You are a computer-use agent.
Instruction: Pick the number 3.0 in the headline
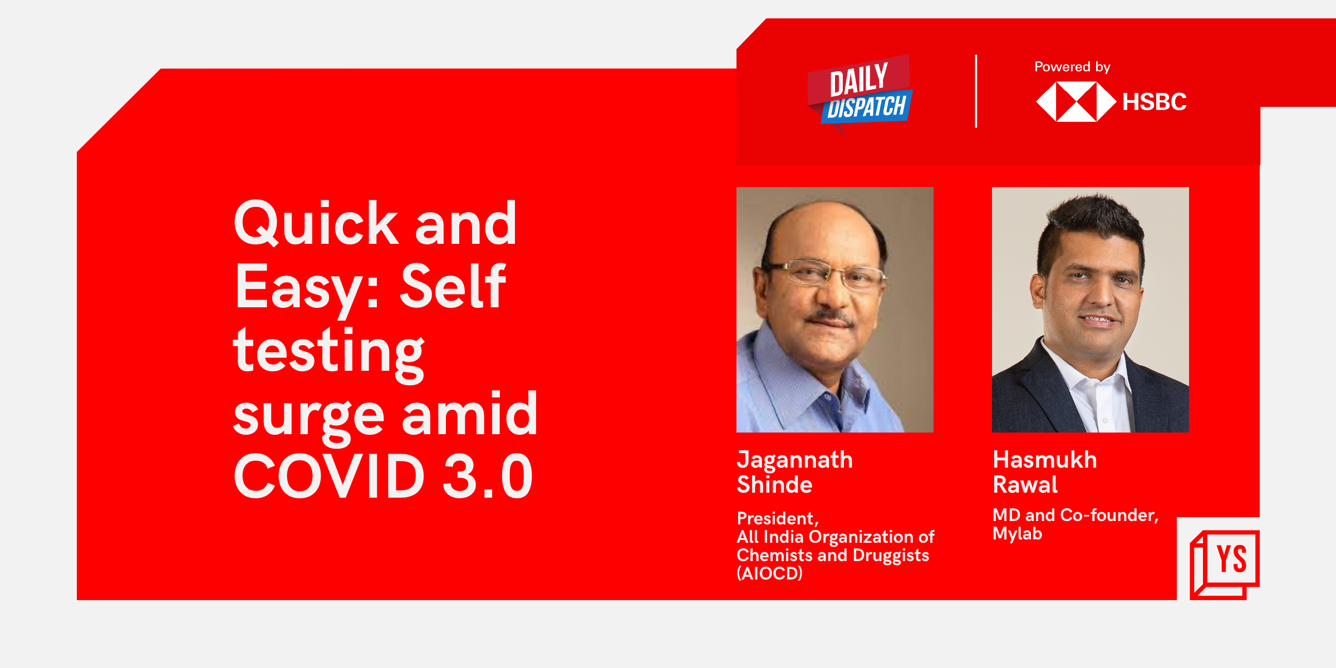pyautogui.click(x=488, y=476)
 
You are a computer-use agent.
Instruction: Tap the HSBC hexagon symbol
pyautogui.click(x=1076, y=102)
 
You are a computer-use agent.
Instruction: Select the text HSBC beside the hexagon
pyautogui.click(x=1155, y=102)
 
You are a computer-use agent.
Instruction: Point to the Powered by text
pyautogui.click(x=1072, y=67)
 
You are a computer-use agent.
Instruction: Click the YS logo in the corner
pyautogui.click(x=1224, y=564)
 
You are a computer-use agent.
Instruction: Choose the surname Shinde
pyautogui.click(x=774, y=485)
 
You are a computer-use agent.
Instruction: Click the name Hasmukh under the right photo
pyautogui.click(x=1045, y=460)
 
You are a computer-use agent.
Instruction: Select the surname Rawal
pyautogui.click(x=1025, y=485)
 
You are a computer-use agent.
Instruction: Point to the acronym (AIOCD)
pyautogui.click(x=769, y=573)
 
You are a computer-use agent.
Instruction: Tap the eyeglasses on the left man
pyautogui.click(x=826, y=273)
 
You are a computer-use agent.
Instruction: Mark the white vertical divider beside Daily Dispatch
pyautogui.click(x=976, y=91)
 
